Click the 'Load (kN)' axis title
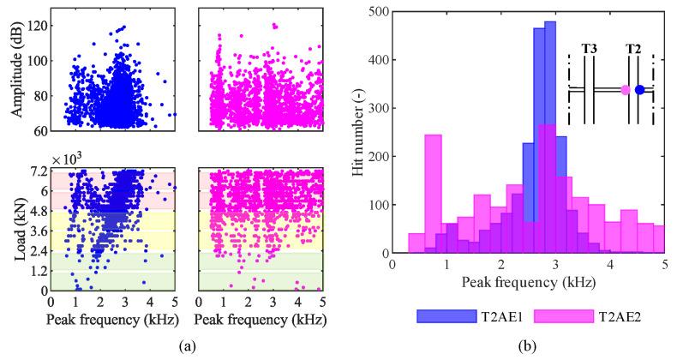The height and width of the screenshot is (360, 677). coord(15,230)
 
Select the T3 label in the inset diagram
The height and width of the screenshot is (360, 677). coord(590,49)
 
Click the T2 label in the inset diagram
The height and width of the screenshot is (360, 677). coord(633,49)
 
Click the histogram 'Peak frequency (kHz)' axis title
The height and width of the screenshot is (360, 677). coord(527,280)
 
